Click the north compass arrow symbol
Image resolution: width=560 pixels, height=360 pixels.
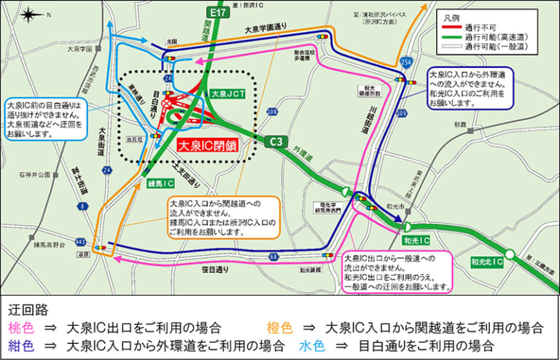click(x=29, y=15)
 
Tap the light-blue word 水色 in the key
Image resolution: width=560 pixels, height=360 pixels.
click(x=311, y=345)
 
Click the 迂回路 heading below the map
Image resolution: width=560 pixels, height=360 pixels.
click(x=27, y=307)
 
